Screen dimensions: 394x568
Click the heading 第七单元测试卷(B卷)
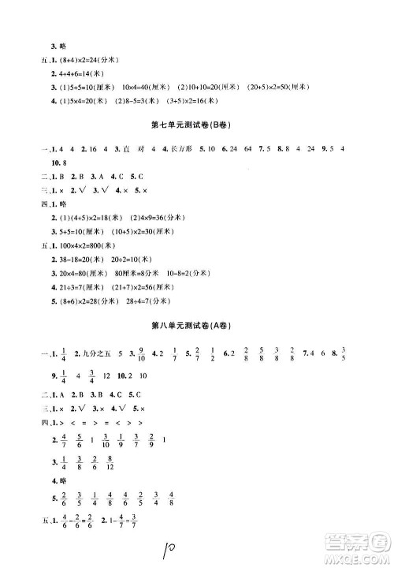pos(193,126)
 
